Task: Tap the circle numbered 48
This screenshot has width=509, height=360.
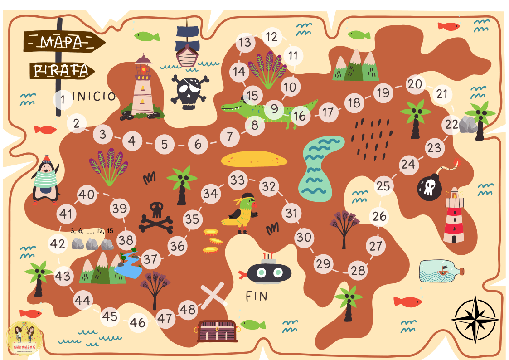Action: point(188,309)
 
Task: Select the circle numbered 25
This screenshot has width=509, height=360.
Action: point(383,186)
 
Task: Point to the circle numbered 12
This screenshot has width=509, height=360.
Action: point(272,37)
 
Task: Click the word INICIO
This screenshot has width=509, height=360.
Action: point(94,96)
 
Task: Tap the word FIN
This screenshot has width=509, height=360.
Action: point(257,297)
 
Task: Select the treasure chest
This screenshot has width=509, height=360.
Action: point(217,331)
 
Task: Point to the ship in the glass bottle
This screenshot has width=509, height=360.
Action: point(441,271)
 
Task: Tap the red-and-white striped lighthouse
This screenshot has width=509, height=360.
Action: point(453,215)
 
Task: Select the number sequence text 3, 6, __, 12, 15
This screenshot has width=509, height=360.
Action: point(92,231)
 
